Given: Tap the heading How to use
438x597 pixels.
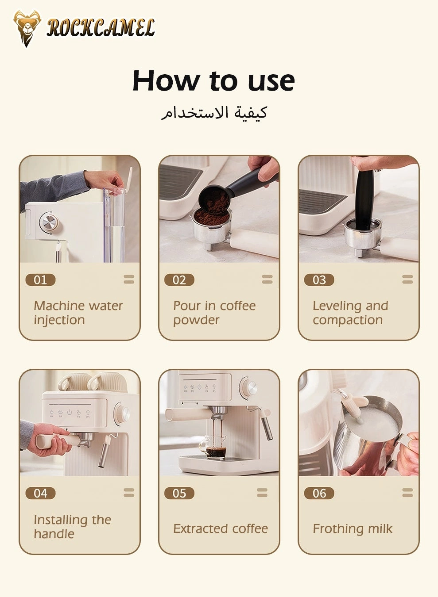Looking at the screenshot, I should point(213,81).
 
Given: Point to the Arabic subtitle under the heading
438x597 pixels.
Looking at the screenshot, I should point(213,113).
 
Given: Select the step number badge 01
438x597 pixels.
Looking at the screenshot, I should point(40,280).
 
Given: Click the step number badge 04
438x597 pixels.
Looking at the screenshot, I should point(40,493).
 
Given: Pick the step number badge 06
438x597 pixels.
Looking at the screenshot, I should point(319,493).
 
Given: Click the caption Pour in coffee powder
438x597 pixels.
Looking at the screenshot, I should point(214,313).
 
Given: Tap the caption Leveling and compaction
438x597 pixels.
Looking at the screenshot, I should point(350,313).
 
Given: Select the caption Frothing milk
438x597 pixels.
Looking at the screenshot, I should point(353,528).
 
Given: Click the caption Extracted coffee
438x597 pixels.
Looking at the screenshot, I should point(220,528).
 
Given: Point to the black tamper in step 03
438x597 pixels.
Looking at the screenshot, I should point(364,199).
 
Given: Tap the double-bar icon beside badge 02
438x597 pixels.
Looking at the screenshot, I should point(267,279).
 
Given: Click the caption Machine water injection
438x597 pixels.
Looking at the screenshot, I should point(78,313).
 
